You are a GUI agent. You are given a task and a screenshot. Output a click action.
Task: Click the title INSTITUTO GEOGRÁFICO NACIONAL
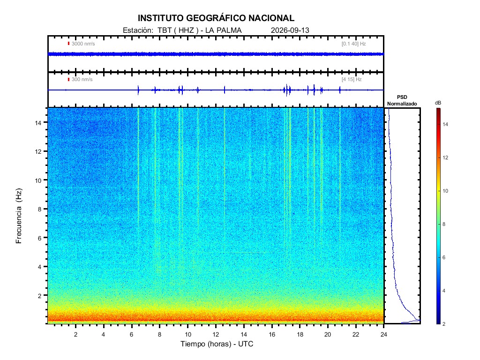coord(216,18)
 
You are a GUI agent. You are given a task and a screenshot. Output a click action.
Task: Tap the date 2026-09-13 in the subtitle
coord(290,30)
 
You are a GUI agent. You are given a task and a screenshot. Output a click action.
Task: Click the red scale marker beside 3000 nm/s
coord(68,44)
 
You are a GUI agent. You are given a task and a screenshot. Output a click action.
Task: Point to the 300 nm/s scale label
coord(82,80)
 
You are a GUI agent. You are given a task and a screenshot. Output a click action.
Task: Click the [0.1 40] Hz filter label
coord(353,44)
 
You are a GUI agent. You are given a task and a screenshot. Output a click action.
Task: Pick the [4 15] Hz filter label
coord(352,80)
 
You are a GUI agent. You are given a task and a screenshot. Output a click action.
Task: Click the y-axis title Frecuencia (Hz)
coord(19,216)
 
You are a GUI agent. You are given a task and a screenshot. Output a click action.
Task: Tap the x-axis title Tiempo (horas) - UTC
coord(217,344)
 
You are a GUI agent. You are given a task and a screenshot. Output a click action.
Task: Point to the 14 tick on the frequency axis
coord(38,122)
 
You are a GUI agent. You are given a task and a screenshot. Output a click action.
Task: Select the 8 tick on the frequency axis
coord(40,209)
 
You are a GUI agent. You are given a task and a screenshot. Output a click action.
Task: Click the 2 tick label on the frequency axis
coord(40,296)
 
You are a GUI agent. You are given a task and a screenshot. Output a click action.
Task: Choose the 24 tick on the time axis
coord(384,334)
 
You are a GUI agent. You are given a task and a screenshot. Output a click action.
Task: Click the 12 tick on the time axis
coord(216,334)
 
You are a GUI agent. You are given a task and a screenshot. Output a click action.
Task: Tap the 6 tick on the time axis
coord(132,334)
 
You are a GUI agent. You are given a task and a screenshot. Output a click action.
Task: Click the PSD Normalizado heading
coord(402,100)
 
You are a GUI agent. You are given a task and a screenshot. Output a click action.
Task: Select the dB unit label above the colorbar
coord(438,103)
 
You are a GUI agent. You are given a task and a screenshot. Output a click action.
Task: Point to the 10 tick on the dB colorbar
coord(445,191)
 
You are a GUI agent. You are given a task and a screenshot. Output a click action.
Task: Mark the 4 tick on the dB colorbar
coord(444,291)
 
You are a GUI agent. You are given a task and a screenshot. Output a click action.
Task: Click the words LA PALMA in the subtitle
coord(224,30)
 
